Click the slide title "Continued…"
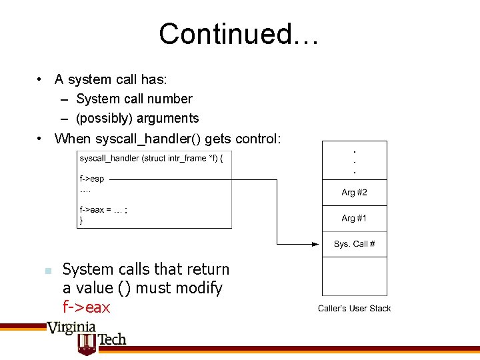[x=239, y=34]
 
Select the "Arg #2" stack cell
[x=354, y=193]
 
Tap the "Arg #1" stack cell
[x=354, y=218]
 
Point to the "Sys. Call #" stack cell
[x=354, y=244]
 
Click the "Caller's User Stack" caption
[x=354, y=308]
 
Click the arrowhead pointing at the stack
[x=317, y=245]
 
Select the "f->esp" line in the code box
[x=91, y=179]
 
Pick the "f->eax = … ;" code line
[x=103, y=209]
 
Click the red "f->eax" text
[x=86, y=307]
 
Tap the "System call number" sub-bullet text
[x=134, y=99]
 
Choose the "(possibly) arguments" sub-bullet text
[x=137, y=118]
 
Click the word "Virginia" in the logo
[x=71, y=327]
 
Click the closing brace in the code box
[x=81, y=219]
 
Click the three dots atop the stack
[x=354, y=160]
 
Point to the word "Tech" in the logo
[x=111, y=339]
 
